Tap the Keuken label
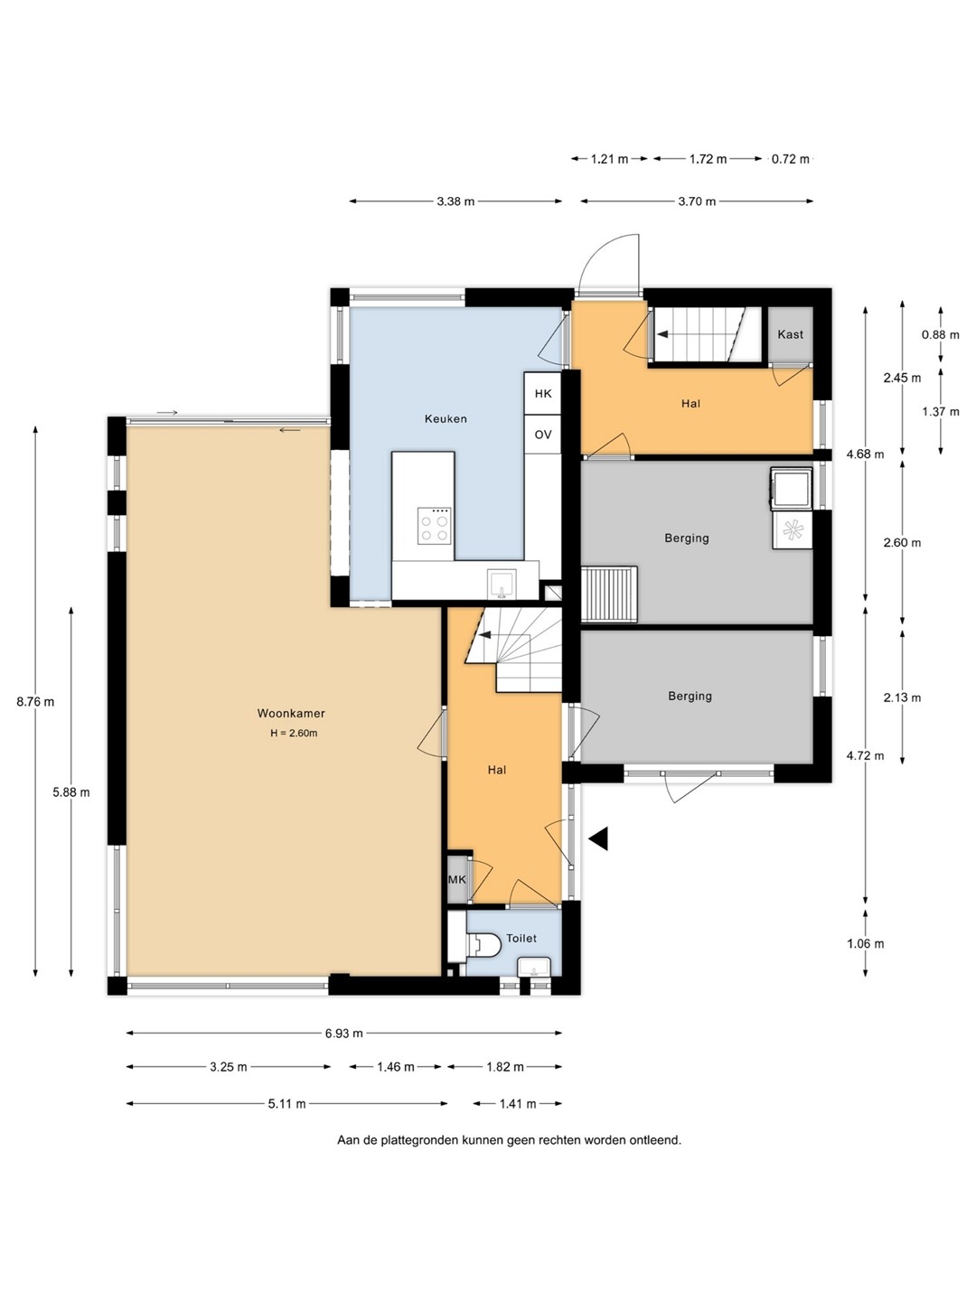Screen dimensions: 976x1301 point(446,419)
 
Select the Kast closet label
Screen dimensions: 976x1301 point(790,334)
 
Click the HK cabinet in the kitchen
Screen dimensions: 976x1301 point(543,394)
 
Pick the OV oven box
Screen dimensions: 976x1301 point(543,435)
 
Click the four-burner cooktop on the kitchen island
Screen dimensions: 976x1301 point(433,525)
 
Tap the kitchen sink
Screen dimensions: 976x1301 point(502,585)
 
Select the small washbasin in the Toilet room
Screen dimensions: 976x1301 point(534,967)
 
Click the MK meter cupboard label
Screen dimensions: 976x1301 point(457,880)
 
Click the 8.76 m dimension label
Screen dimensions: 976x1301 point(35,702)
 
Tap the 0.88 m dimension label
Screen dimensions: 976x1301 point(940,335)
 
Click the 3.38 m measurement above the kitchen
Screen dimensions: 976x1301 point(455,201)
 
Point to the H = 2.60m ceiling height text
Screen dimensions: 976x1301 point(294,734)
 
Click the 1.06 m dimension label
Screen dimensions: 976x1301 point(865,943)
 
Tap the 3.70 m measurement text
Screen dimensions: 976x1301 point(697,201)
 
